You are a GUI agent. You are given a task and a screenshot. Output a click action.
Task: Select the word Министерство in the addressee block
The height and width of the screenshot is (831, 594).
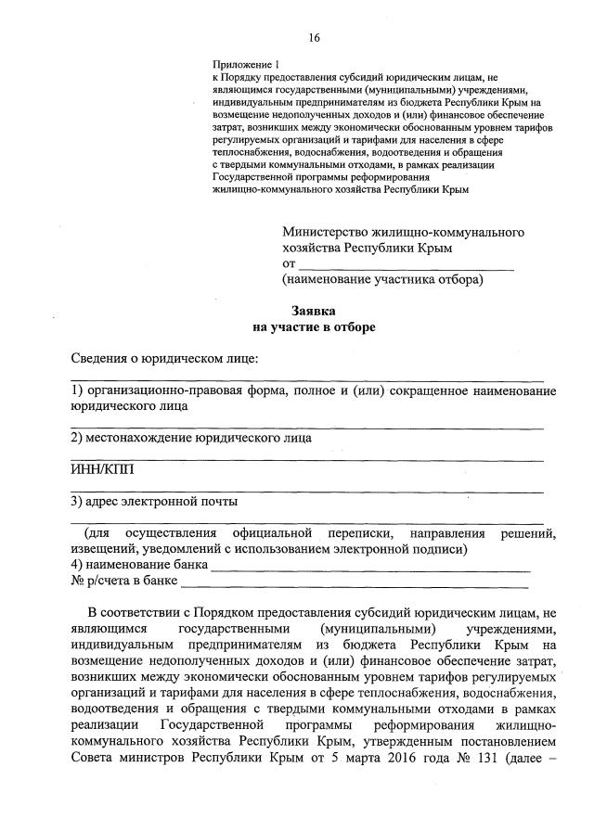[324, 231]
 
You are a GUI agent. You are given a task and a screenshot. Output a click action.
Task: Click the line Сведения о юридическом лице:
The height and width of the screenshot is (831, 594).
[164, 359]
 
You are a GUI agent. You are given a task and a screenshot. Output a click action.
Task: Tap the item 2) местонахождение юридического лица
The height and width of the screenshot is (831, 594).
[191, 438]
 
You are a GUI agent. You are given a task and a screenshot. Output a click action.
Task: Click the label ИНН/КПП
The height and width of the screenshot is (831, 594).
[102, 469]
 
